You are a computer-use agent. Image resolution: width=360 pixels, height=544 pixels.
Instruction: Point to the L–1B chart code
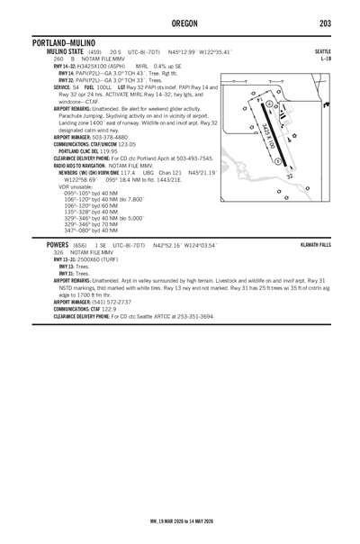[325, 59]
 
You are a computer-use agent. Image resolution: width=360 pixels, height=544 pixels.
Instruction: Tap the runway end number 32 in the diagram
[289, 177]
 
